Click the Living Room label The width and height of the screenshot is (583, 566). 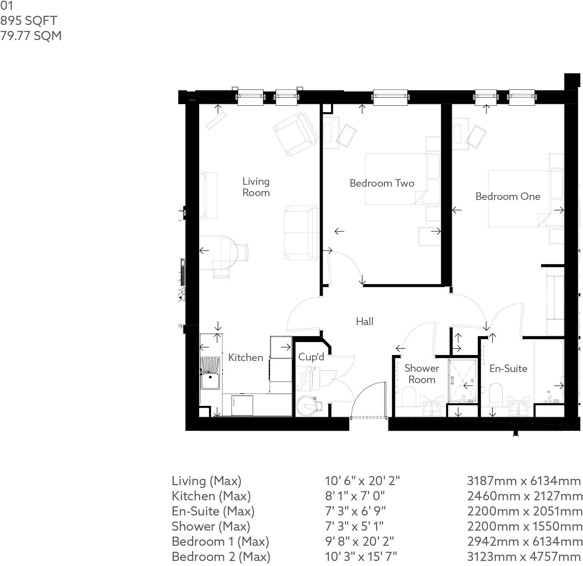(256, 187)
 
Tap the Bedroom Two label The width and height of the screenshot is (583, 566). (382, 183)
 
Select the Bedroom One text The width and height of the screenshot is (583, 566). (508, 196)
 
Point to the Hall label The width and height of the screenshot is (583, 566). (364, 322)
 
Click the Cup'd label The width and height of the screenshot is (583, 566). (311, 357)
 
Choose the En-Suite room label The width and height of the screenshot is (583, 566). (508, 369)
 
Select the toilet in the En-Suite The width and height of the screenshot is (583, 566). (495, 394)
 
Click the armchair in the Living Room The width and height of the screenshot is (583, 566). (296, 134)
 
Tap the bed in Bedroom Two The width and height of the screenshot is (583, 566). (396, 179)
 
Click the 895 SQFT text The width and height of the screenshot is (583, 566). (29, 21)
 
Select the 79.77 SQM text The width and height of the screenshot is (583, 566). (31, 36)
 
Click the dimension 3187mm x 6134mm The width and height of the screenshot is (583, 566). (524, 481)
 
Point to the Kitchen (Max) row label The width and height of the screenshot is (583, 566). (211, 496)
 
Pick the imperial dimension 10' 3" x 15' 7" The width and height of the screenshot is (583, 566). (361, 557)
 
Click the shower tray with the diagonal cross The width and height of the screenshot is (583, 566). (462, 380)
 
